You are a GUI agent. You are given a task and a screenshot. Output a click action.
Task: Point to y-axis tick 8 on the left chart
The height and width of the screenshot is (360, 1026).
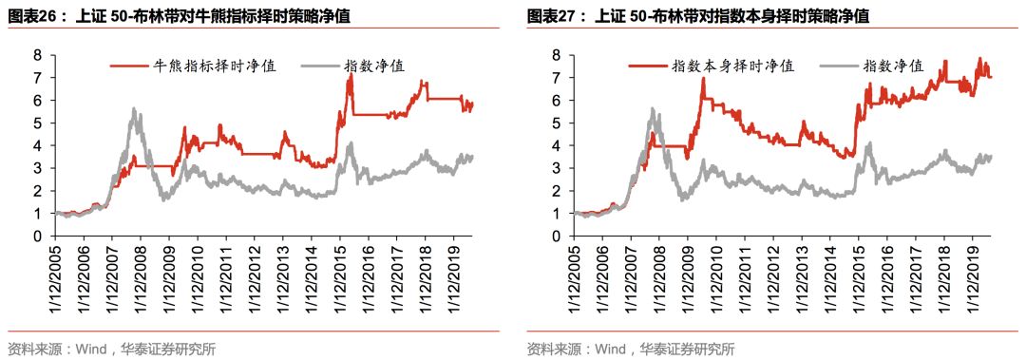[38, 55]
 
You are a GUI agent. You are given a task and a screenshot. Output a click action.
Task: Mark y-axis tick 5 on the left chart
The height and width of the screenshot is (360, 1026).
[38, 123]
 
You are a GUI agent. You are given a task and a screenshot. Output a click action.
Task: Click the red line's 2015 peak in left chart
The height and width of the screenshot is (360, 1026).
[350, 76]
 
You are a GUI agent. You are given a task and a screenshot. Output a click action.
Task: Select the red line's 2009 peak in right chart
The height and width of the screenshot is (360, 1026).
[703, 78]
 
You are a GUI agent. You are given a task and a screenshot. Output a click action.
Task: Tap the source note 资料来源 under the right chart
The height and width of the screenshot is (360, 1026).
[631, 349]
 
